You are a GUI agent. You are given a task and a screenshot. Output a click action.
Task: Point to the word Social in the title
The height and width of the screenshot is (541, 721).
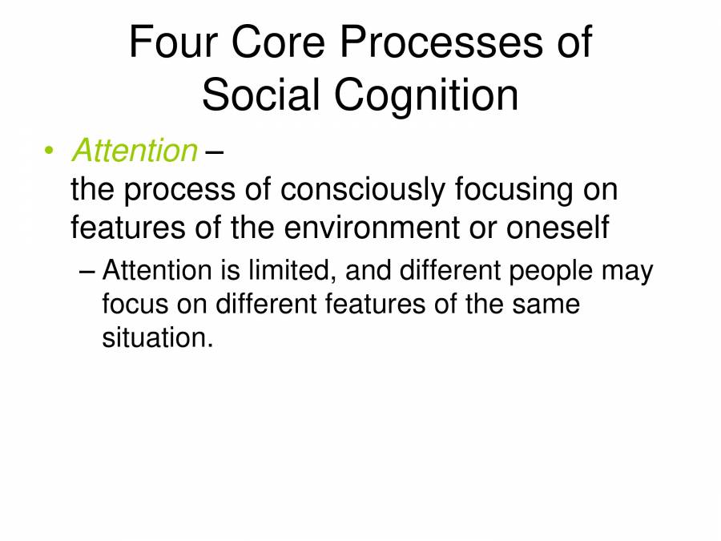coord(261,95)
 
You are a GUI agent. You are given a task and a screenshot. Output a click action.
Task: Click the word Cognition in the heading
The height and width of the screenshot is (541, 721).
coord(426,95)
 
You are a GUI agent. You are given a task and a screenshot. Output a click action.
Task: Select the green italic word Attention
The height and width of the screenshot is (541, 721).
coord(134,150)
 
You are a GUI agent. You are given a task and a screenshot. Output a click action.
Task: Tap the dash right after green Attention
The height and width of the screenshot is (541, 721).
coord(214,151)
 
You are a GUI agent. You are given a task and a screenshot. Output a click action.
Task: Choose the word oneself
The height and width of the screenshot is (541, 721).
coord(558,228)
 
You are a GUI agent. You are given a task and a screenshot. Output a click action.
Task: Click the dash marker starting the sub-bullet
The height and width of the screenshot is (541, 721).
coord(88,272)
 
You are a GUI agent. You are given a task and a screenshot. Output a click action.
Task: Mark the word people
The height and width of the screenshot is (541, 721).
coord(553,271)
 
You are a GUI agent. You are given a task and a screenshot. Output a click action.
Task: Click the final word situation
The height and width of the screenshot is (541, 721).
coord(157,337)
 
